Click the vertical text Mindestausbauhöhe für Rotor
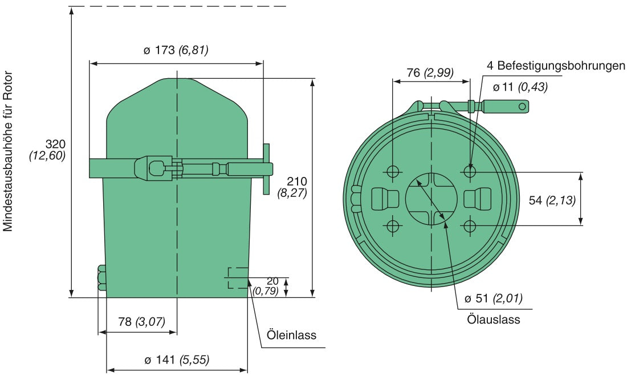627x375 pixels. click(x=8, y=152)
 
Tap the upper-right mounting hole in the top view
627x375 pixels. click(x=469, y=171)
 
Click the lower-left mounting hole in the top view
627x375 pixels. click(x=393, y=226)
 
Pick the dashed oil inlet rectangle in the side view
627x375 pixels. click(x=238, y=278)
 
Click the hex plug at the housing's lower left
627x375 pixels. click(x=102, y=279)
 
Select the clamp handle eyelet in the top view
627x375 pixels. click(x=521, y=106)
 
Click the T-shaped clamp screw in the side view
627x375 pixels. click(x=266, y=169)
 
